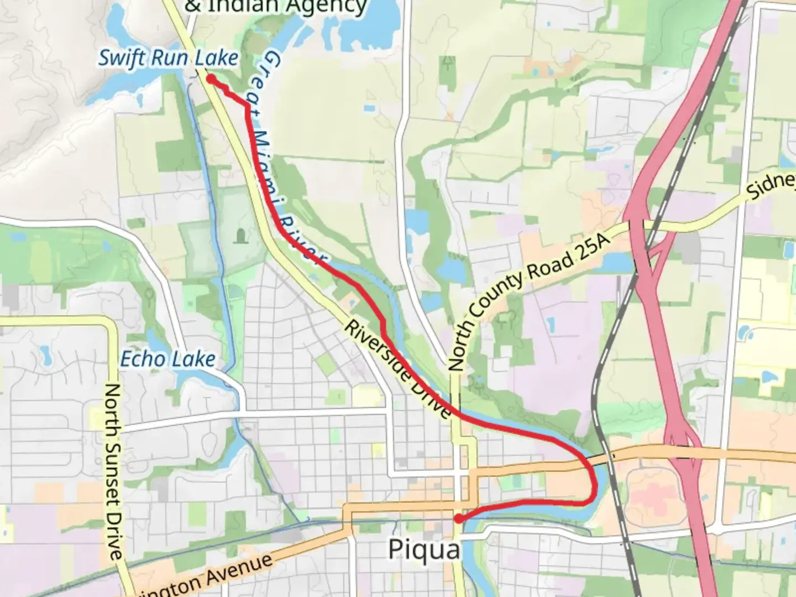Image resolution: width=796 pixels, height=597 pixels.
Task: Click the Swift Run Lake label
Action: point(168,58)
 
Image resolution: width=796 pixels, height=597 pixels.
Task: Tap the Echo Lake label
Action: point(167,359)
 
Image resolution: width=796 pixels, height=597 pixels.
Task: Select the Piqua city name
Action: point(424,549)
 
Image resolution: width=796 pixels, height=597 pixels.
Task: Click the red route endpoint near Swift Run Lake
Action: point(211,79)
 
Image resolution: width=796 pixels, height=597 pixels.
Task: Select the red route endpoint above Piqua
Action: point(458,519)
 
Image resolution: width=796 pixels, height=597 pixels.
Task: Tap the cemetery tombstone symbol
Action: point(241,237)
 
